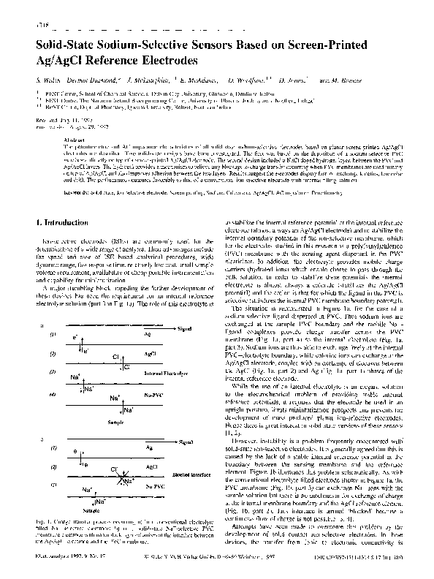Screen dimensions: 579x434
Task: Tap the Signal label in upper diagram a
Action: tap(186, 330)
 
